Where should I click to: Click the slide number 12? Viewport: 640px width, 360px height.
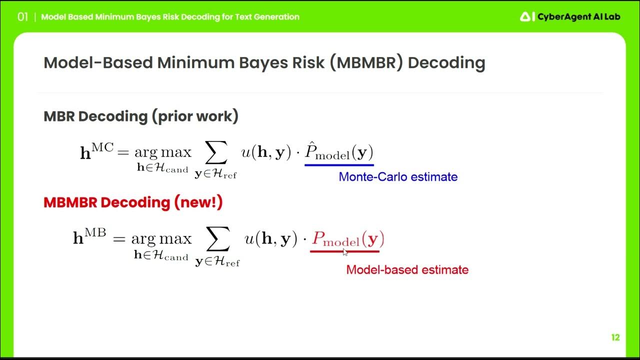(x=615, y=337)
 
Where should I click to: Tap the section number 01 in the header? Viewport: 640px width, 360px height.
(x=22, y=17)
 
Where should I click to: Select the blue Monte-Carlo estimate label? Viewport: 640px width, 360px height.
(x=398, y=176)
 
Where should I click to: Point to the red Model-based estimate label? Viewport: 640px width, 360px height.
(x=407, y=269)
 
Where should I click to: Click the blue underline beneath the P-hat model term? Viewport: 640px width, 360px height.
(x=339, y=164)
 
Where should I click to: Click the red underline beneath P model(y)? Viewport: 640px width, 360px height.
(x=344, y=251)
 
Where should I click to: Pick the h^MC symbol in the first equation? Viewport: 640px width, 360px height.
(x=96, y=151)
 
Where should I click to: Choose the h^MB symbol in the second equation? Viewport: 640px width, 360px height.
(x=89, y=237)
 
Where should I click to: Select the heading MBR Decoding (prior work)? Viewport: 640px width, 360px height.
(x=141, y=116)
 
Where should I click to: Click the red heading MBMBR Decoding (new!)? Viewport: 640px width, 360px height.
(x=133, y=202)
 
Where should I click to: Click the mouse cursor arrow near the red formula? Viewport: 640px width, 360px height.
(x=345, y=251)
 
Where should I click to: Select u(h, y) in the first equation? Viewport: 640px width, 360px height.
(x=266, y=152)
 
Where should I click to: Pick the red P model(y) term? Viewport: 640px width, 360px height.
(x=348, y=239)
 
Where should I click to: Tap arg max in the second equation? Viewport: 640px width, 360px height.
(x=161, y=238)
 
